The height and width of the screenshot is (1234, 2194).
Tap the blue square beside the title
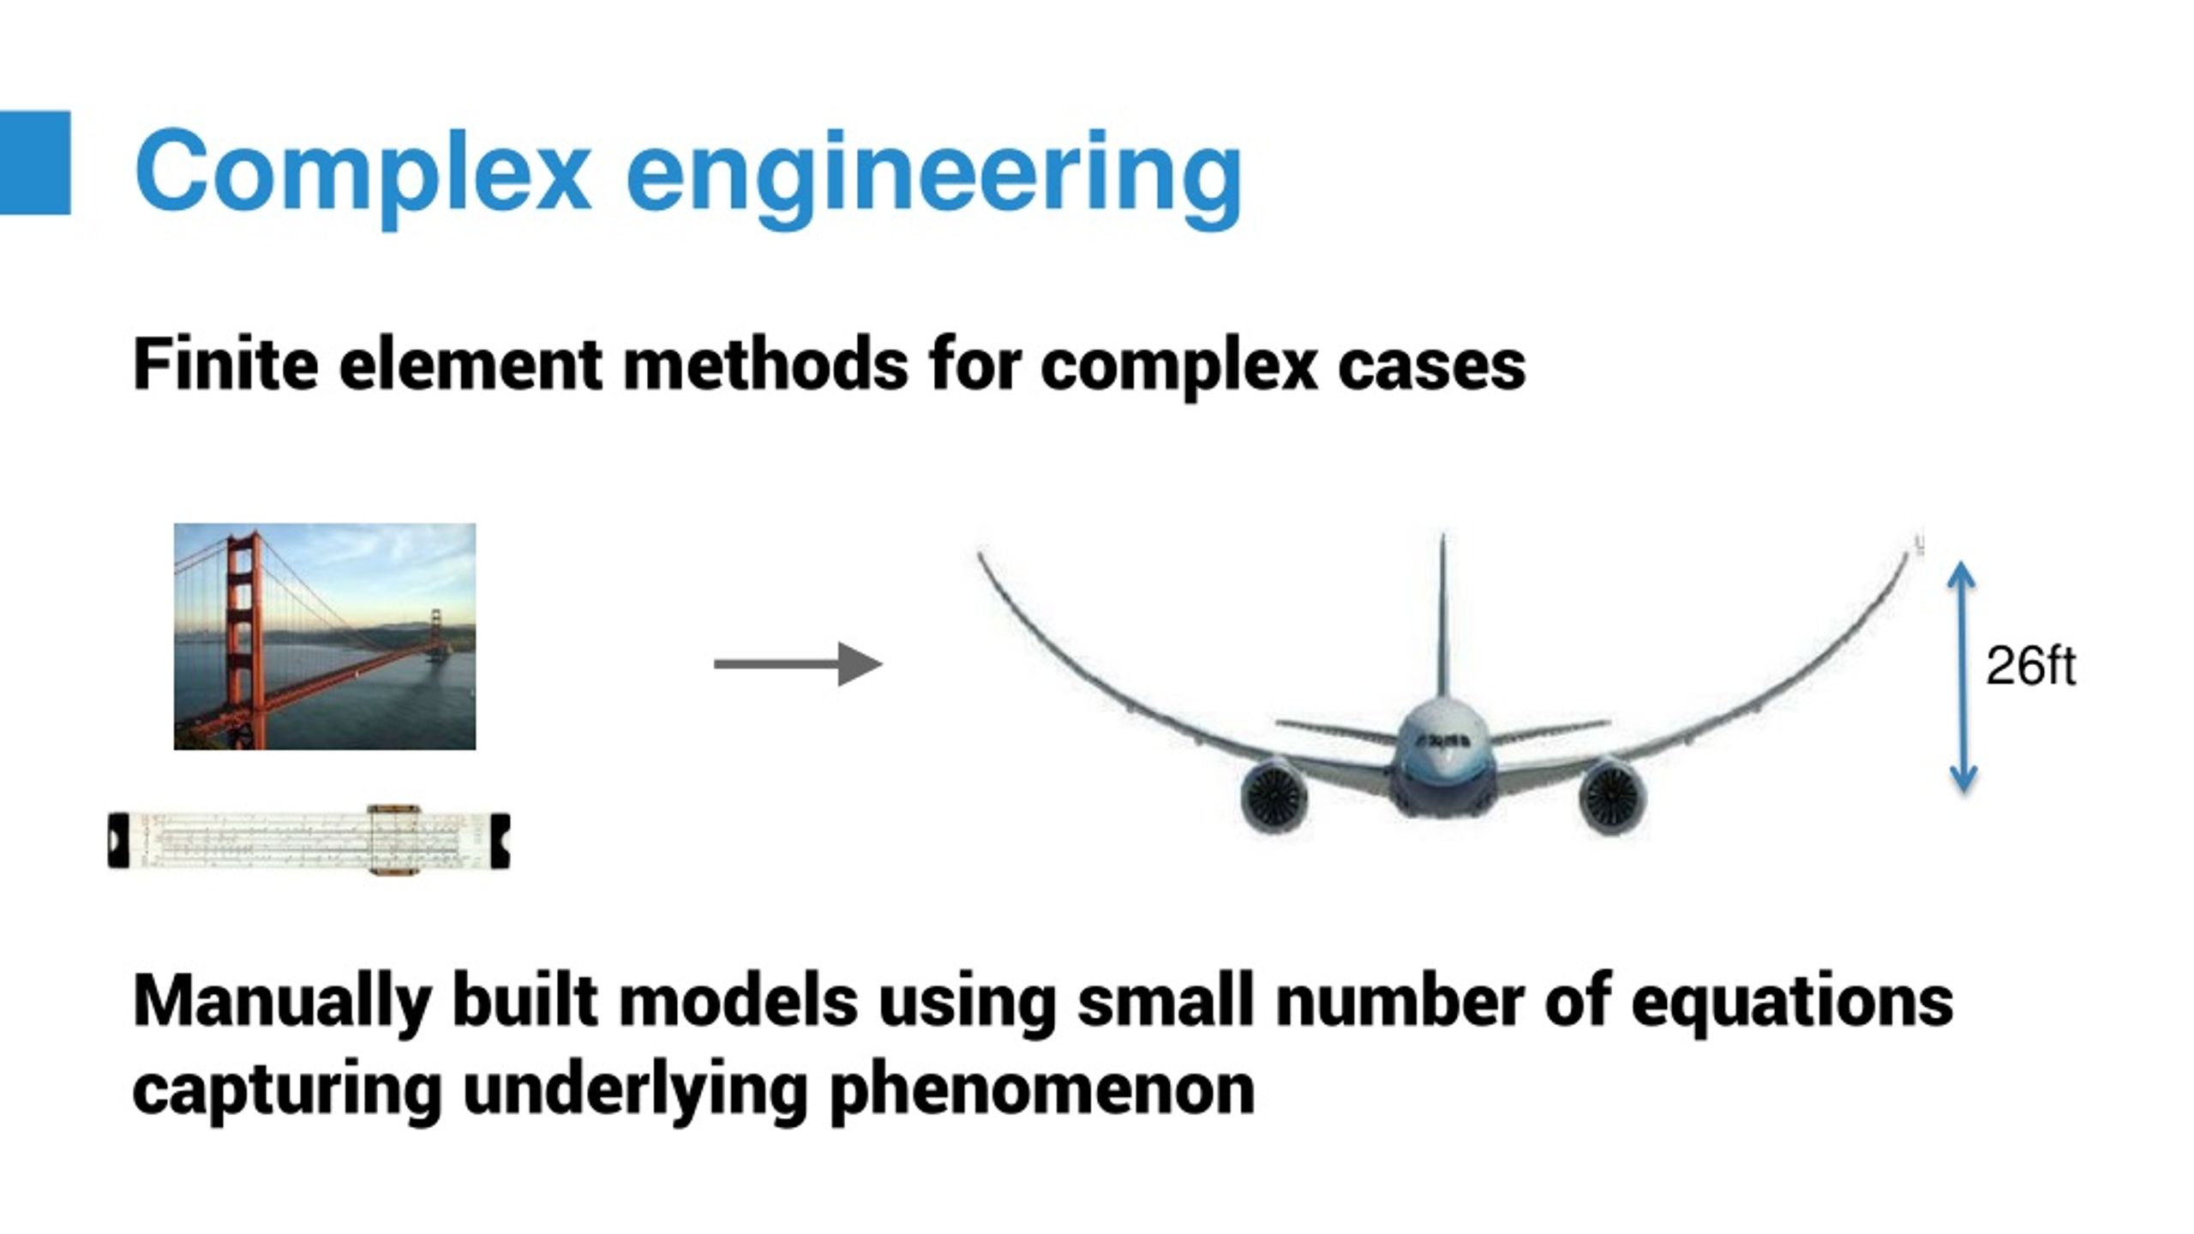(34, 163)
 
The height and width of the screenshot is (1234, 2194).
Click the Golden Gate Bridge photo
(325, 637)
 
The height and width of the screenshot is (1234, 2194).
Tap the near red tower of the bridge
(241, 634)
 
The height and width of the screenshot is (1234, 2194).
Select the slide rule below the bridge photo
(309, 841)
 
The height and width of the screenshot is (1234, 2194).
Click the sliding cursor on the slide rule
(393, 841)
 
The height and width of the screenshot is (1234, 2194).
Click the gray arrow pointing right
(797, 664)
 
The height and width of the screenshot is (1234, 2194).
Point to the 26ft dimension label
(2030, 667)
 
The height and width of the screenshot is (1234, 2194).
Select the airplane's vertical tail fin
(1442, 617)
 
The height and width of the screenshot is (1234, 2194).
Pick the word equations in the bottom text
(1791, 1001)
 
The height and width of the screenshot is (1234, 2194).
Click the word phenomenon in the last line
(1042, 1090)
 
